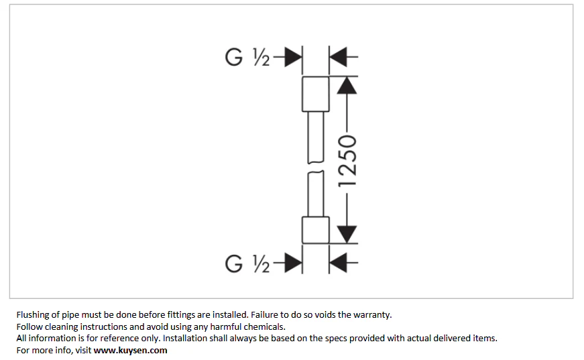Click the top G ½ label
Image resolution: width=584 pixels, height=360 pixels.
[x=247, y=58]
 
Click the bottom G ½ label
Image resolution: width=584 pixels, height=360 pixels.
[x=247, y=263]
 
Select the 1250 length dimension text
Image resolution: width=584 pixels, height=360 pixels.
[x=347, y=161]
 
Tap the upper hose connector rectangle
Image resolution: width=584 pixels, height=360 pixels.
[x=315, y=94]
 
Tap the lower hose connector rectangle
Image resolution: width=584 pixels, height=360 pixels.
[x=315, y=231]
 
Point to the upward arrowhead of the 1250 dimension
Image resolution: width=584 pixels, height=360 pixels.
[x=347, y=85]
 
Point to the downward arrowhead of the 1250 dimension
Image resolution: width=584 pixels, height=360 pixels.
[x=347, y=235]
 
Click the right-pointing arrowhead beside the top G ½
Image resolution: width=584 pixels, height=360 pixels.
[x=293, y=57]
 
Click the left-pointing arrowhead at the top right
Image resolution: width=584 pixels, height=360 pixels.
[x=338, y=57]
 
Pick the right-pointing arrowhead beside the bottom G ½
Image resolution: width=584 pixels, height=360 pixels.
[x=293, y=263]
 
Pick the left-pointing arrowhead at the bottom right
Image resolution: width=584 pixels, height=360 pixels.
[x=338, y=263]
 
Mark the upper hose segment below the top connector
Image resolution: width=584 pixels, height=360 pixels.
[x=316, y=137]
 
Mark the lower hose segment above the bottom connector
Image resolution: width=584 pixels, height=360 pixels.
[x=316, y=194]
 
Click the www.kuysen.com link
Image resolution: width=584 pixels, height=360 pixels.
[x=130, y=351]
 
